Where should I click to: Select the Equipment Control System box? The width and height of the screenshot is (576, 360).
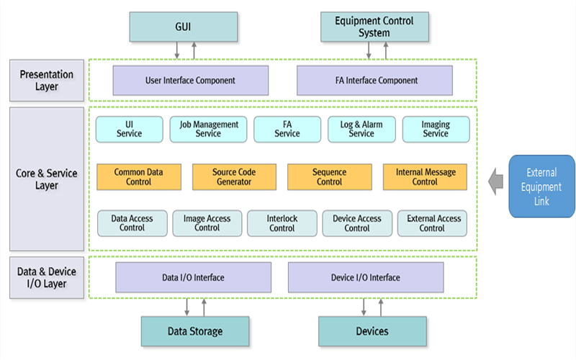(x=373, y=26)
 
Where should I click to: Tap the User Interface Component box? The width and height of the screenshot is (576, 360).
(x=190, y=80)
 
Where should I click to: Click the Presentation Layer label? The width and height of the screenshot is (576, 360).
(x=47, y=80)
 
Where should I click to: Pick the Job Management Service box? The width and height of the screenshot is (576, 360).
(x=208, y=129)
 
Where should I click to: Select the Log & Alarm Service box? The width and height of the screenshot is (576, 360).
(x=361, y=129)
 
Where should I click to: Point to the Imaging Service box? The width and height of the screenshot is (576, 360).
(x=436, y=129)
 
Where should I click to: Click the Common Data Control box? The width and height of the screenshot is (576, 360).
(x=139, y=177)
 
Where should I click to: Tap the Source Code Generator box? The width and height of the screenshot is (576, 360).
(x=234, y=177)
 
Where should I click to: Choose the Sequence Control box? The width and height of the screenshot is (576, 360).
(x=329, y=177)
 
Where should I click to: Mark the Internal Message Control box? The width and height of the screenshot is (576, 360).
(x=424, y=177)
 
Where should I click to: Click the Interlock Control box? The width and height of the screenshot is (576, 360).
(x=282, y=223)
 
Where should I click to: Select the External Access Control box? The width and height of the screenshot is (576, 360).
(x=432, y=223)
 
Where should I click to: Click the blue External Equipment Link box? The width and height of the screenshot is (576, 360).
(x=541, y=186)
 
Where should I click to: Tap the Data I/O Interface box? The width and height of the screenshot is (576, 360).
(x=193, y=277)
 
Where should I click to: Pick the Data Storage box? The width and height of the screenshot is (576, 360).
(x=194, y=331)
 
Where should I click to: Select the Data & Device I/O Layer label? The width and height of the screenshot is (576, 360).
(x=47, y=277)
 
